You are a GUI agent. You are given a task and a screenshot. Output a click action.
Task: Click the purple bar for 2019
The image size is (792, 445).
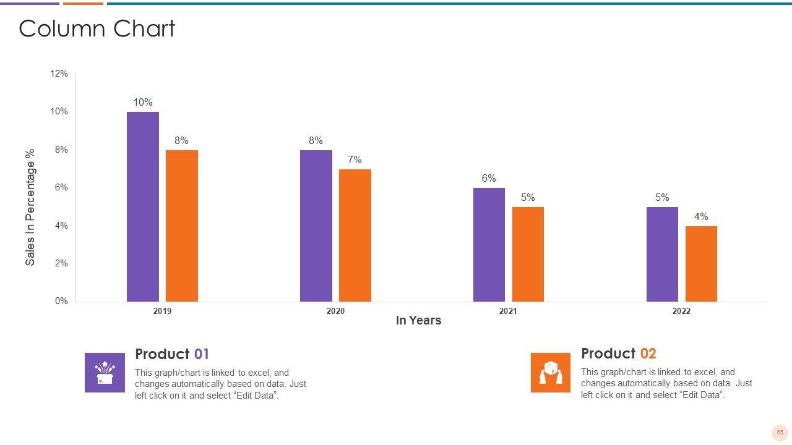143,207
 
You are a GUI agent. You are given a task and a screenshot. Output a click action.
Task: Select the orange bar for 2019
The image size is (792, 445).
182,226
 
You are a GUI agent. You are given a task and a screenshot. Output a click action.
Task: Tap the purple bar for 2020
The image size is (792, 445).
316,226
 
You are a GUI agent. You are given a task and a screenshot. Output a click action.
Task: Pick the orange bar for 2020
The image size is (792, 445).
355,235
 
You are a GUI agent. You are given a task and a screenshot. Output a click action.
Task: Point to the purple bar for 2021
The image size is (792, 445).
489,245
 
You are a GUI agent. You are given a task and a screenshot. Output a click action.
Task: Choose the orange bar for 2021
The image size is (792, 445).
528,255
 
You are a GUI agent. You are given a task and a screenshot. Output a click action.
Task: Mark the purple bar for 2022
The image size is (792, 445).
662,255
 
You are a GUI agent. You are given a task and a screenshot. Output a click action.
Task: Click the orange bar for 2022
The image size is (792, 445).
701,264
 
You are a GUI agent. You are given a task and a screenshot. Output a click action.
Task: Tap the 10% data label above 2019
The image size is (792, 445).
143,103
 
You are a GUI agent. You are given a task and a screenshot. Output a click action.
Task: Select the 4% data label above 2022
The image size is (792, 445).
701,217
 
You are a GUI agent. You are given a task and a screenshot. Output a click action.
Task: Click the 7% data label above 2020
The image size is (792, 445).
355,160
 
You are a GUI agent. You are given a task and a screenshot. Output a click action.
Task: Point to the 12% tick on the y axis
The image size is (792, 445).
59,74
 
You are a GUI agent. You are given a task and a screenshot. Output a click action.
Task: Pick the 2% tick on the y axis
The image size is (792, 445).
61,263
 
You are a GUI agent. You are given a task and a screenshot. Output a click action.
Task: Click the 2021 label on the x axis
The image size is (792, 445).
508,311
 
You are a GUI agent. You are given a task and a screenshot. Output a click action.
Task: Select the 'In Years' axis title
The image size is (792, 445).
418,320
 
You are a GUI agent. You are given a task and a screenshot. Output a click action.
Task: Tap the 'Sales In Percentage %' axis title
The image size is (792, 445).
30,207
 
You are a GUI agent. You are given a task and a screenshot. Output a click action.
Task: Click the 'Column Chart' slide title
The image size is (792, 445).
97,29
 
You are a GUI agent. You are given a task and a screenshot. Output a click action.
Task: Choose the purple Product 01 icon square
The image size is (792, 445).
105,373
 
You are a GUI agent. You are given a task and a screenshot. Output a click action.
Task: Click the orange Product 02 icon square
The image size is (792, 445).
551,373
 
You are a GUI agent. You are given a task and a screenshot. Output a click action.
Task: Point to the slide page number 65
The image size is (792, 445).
780,433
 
